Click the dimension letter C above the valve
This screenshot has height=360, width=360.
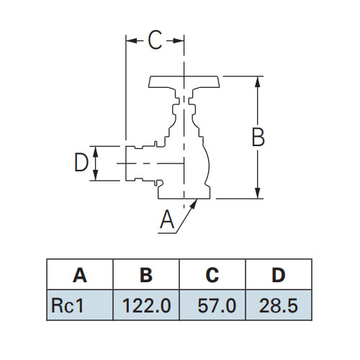[x=155, y=40]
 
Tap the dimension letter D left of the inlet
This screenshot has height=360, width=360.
[x=81, y=163]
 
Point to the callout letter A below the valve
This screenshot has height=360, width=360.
[x=167, y=220]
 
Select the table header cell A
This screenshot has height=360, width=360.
[x=80, y=274]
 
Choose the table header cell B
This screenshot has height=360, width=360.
[x=146, y=274]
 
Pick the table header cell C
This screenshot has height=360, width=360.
[x=212, y=274]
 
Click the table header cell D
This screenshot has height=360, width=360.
[x=279, y=274]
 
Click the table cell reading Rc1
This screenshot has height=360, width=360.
[x=80, y=305]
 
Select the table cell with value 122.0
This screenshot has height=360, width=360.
[x=146, y=305]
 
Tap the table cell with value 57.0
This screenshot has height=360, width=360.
[x=212, y=305]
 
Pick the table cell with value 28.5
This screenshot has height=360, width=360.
[x=279, y=305]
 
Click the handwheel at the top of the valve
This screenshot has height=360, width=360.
[x=184, y=82]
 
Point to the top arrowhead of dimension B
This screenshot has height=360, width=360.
[x=258, y=82]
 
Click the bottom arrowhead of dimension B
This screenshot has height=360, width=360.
[x=258, y=193]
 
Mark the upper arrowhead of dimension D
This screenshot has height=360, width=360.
[x=96, y=151]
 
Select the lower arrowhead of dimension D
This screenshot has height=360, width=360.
[x=96, y=175]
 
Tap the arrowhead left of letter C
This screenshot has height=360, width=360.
[x=132, y=40]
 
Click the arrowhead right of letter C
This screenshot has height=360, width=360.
[x=179, y=40]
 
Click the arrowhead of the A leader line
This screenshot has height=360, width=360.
[x=194, y=204]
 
